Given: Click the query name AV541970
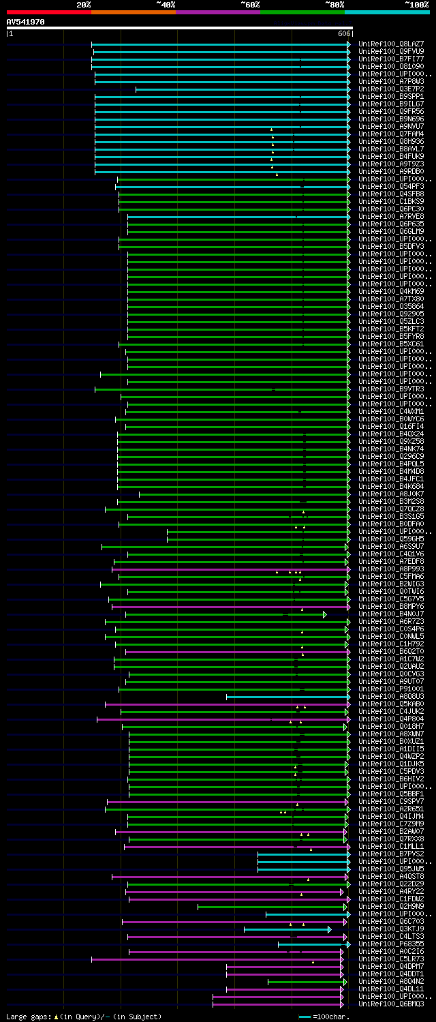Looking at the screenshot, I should point(25,22).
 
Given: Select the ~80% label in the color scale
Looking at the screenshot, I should point(334,5).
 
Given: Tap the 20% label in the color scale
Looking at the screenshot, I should point(84,5).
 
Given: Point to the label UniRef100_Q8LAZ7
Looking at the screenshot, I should point(392,44).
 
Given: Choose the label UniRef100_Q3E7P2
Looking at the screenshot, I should point(392,89).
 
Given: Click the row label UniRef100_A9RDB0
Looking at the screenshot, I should point(392,171).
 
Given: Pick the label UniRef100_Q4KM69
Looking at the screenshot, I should point(392,291).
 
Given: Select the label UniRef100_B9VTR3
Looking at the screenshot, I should point(392,389).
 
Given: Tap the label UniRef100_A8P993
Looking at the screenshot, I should point(392,569).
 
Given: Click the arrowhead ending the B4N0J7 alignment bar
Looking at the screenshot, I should point(325,614).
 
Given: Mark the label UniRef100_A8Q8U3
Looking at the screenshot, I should point(392,696).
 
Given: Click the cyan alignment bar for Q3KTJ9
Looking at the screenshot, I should point(286,929).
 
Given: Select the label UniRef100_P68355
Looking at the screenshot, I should point(392,944).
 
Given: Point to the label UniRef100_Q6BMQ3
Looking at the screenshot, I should point(392,1004).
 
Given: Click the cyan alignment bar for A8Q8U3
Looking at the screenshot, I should point(286,696).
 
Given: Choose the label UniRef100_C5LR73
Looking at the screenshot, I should point(392,959).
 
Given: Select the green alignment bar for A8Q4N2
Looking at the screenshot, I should point(306,981).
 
